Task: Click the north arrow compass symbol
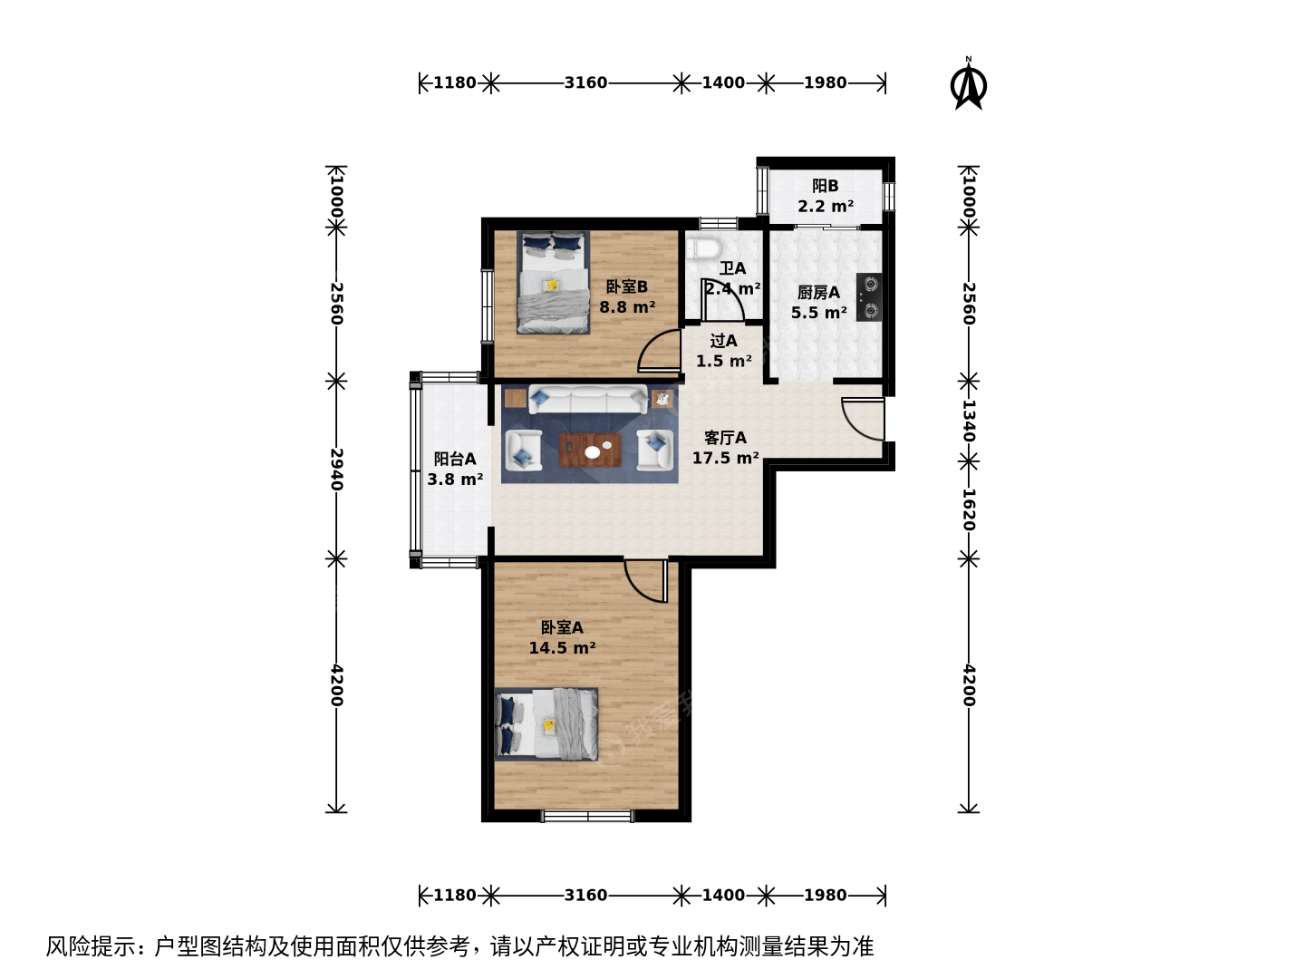click(968, 84)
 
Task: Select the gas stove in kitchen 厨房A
click(868, 297)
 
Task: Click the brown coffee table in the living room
click(590, 450)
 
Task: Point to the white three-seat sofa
click(588, 399)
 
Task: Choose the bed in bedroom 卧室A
click(546, 724)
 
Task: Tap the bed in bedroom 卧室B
click(553, 282)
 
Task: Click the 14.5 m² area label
click(562, 647)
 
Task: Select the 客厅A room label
click(725, 438)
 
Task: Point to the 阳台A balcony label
click(454, 459)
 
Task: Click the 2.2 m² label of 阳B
click(826, 207)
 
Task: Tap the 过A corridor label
click(723, 341)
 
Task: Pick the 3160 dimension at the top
click(585, 82)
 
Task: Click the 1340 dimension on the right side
click(969, 421)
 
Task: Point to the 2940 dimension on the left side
click(336, 469)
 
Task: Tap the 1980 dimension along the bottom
click(826, 895)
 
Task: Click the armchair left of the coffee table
click(523, 450)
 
